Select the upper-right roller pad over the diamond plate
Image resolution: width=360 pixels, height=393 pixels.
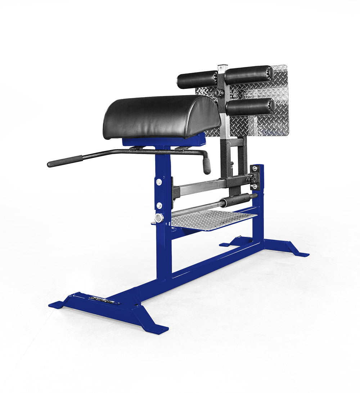[248, 74]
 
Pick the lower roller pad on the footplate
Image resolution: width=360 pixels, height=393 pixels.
[250, 107]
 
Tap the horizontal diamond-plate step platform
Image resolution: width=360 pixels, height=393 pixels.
[212, 219]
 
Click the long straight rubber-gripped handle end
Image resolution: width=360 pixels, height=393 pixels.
[65, 161]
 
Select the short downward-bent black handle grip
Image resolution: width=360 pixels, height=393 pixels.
[207, 166]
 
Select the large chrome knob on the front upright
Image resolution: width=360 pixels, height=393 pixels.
[159, 218]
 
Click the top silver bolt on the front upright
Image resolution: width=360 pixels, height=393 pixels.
[159, 182]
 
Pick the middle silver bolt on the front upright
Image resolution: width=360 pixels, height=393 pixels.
[159, 205]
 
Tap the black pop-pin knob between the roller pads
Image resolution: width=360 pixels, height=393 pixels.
[216, 92]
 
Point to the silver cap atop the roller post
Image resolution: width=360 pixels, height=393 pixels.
[222, 67]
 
